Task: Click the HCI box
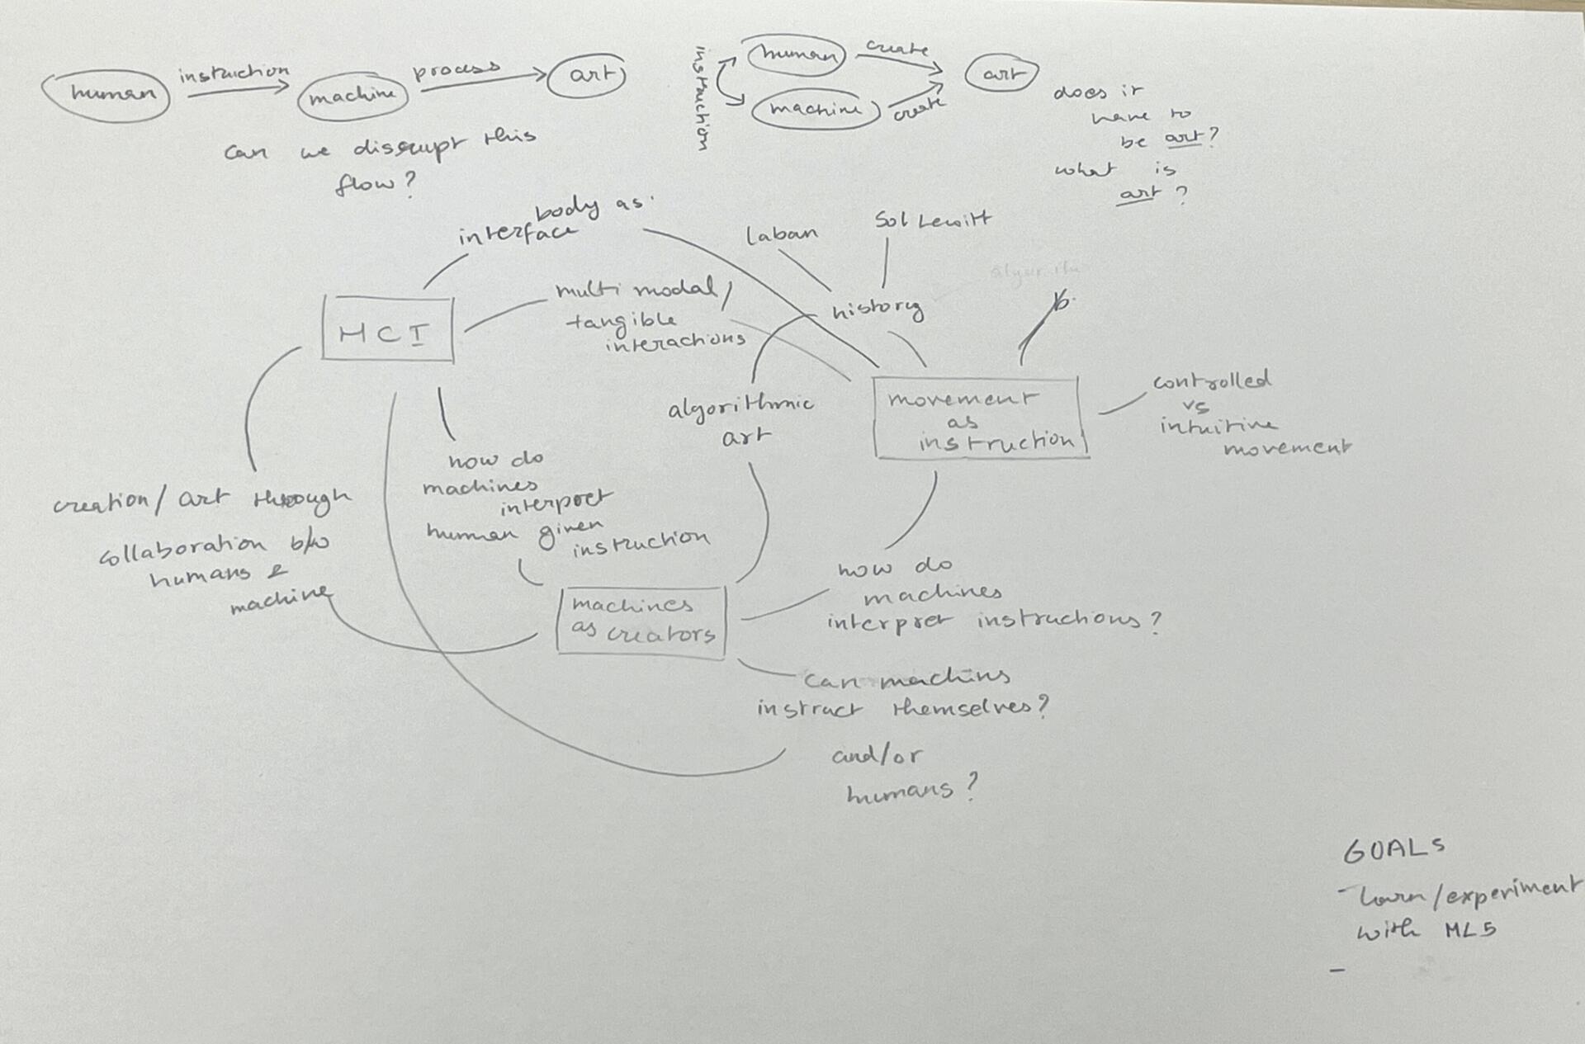click(x=387, y=330)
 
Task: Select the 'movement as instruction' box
click(x=980, y=419)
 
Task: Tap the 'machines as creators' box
click(x=641, y=621)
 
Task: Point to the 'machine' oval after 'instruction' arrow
click(x=352, y=97)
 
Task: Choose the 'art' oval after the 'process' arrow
click(x=588, y=75)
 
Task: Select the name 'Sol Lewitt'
click(x=932, y=220)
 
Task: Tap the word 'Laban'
click(x=781, y=235)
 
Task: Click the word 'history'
click(x=877, y=309)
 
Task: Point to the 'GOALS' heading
click(x=1393, y=849)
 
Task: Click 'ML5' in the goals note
click(x=1470, y=931)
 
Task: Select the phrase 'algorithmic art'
click(x=740, y=419)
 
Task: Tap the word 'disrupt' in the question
click(x=408, y=147)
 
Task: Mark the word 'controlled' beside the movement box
click(x=1212, y=381)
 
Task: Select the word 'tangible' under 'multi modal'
click(x=622, y=320)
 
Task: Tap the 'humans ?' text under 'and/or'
click(x=909, y=791)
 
